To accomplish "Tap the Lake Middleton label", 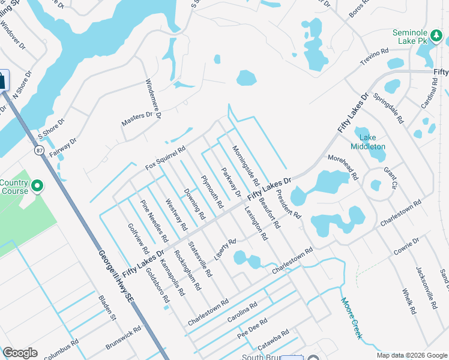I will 367,142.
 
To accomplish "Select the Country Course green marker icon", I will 37,187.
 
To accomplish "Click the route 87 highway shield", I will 40,149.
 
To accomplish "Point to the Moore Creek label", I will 352,317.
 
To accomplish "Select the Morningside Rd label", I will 246,166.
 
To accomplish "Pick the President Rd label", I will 289,205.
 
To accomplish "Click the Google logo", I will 20,353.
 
